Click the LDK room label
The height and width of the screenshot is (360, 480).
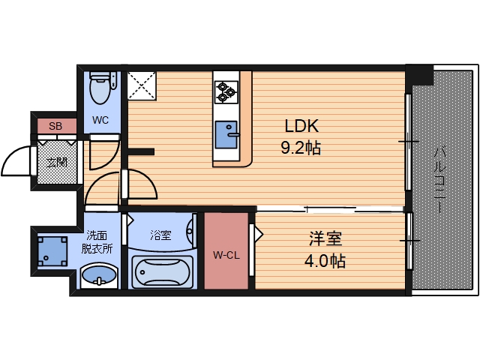pos(301,126)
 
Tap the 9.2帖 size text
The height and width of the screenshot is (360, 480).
pos(301,148)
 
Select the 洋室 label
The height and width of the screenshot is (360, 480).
pos(326,239)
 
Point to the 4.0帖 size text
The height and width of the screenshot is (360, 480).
pos(326,262)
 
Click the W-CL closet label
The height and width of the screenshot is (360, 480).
pos(226,255)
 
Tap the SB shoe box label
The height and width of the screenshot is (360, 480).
pos(55,126)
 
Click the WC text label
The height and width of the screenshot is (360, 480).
pos(100,120)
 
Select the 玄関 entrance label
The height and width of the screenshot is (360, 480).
pos(56,162)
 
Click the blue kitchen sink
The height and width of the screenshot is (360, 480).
pos(225,134)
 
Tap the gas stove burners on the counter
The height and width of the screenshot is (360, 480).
pos(226,91)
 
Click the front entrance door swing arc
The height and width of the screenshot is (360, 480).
pos(16,160)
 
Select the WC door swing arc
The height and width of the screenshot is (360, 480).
pos(103,152)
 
